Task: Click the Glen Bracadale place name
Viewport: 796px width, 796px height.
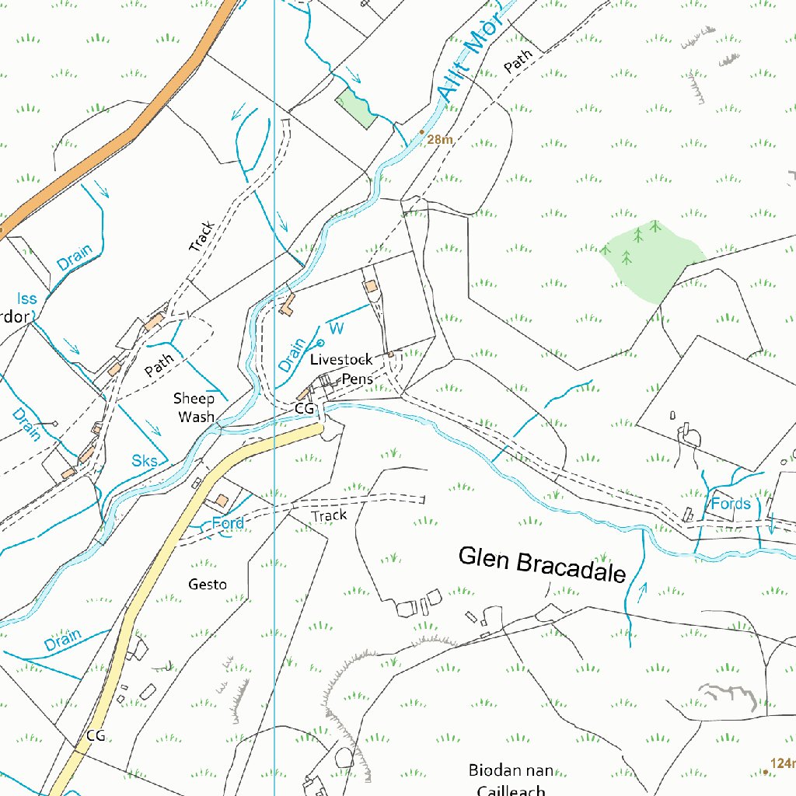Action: [542, 565]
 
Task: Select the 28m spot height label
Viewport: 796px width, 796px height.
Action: [439, 140]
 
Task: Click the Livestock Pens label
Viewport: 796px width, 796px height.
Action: [342, 369]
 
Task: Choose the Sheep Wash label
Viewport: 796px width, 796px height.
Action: [194, 407]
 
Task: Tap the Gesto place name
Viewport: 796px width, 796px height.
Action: [208, 584]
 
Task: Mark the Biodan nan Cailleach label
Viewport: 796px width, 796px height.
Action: [511, 780]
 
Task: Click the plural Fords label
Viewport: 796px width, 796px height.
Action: [730, 504]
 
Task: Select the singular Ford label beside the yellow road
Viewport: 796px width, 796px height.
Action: [228, 523]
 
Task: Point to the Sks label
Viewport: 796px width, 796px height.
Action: [145, 461]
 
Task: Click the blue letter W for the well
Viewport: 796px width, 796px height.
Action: [337, 328]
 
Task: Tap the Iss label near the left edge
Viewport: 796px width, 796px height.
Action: [27, 298]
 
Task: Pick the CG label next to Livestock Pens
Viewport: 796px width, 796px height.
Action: [304, 408]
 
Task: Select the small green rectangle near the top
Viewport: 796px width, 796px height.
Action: [355, 108]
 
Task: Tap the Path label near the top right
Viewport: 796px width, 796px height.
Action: [518, 61]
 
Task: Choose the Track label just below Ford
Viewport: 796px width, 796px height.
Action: [328, 515]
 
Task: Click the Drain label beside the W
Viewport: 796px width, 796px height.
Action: [293, 354]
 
